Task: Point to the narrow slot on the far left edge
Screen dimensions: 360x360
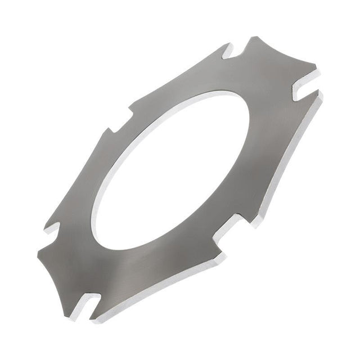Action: click(53, 228)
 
